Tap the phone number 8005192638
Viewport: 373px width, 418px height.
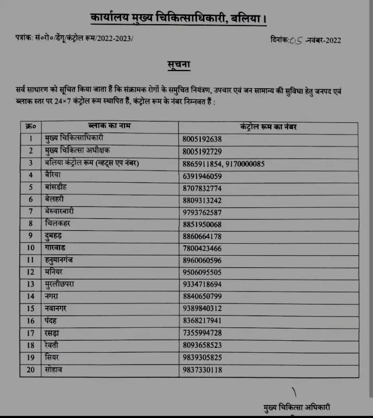pyautogui.click(x=202, y=139)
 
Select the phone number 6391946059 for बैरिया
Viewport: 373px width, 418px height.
pyautogui.click(x=202, y=176)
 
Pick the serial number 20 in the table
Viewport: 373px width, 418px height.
pyautogui.click(x=30, y=369)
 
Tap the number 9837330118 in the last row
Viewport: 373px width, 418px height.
pyautogui.click(x=202, y=370)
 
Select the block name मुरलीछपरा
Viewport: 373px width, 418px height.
pyautogui.click(x=62, y=284)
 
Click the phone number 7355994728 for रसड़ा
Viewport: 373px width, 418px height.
pyautogui.click(x=202, y=333)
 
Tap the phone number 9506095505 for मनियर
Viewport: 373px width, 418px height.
pyautogui.click(x=202, y=272)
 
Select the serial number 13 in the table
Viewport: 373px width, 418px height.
pyautogui.click(x=30, y=284)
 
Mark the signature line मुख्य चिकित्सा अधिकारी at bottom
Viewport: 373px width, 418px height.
pyautogui.click(x=297, y=407)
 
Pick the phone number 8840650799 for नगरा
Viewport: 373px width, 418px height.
pyautogui.click(x=202, y=296)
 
